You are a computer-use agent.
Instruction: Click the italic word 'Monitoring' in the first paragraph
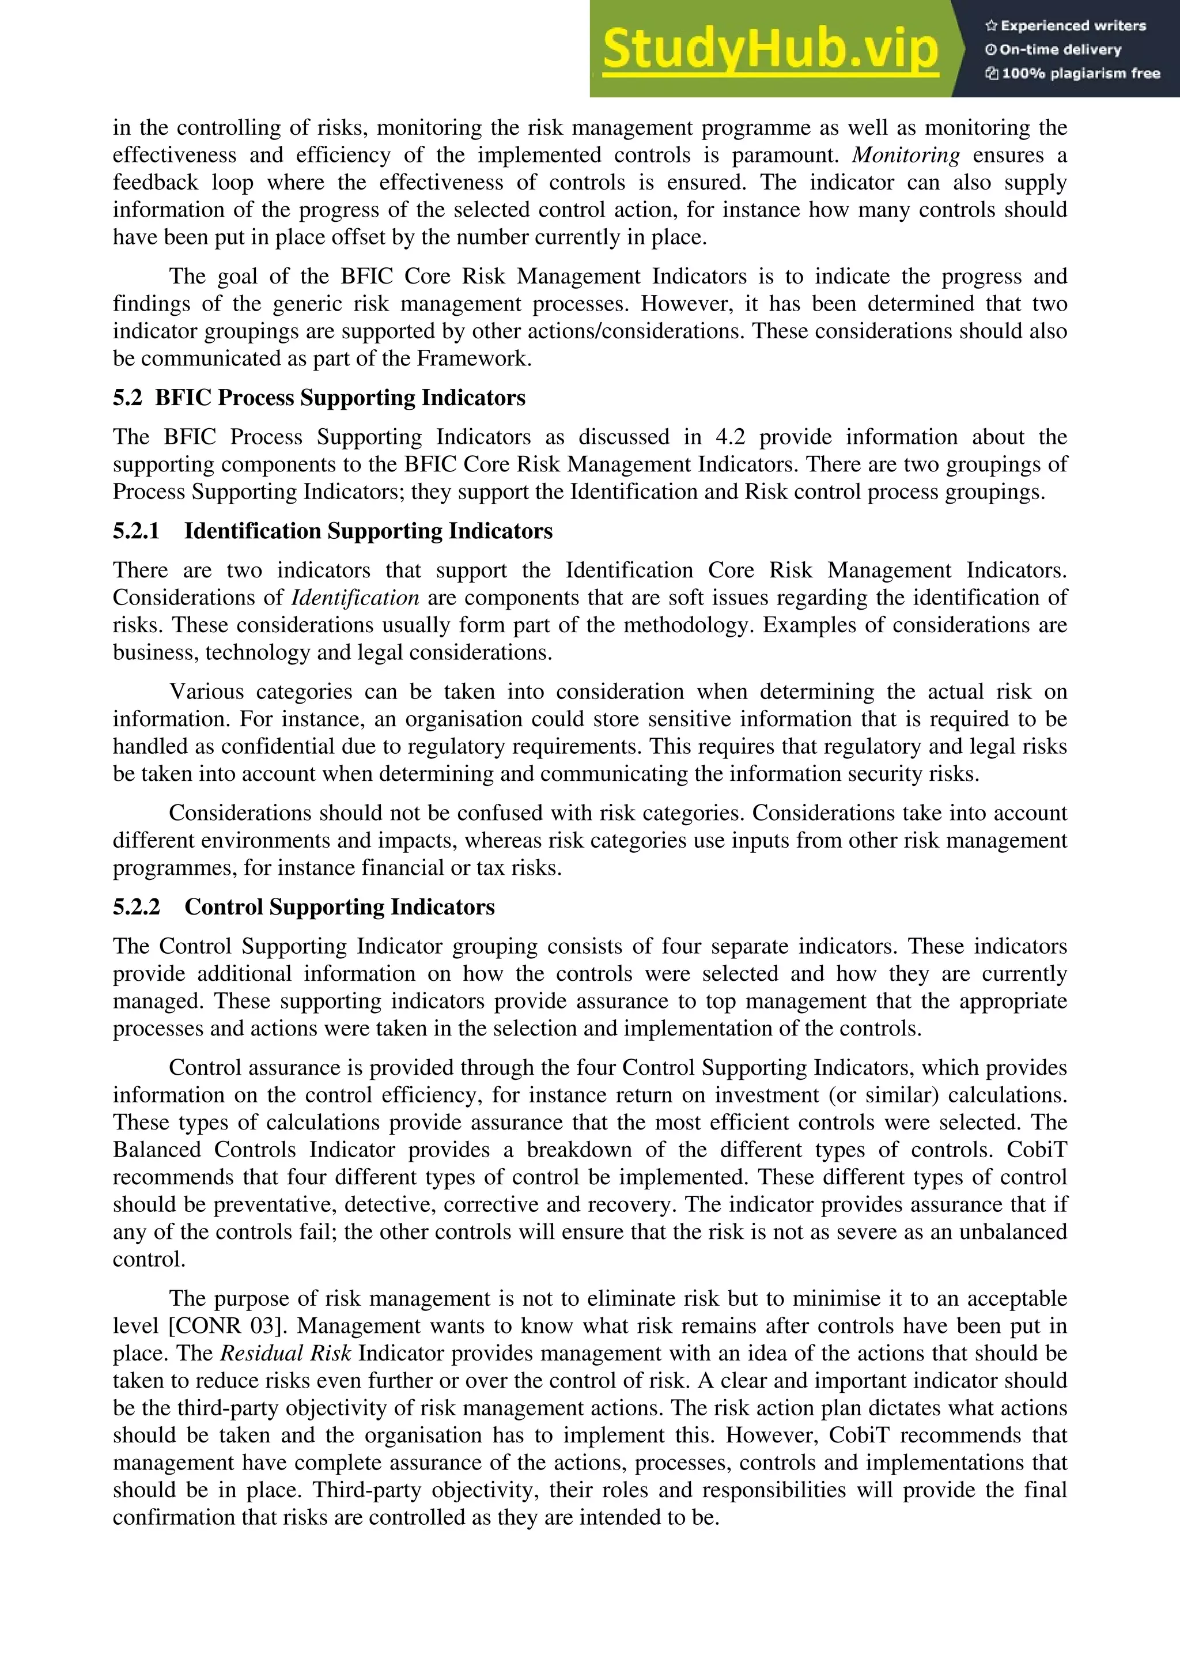[906, 155]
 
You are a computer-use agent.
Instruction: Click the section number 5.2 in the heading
[127, 398]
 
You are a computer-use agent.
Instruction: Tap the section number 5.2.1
[136, 531]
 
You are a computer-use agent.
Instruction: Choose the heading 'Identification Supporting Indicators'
[368, 531]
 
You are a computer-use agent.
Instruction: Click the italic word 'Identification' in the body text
[355, 598]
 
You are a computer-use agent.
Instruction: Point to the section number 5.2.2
[136, 907]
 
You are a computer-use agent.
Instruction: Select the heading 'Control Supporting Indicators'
[339, 907]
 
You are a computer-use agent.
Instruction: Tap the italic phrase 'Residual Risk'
[286, 1354]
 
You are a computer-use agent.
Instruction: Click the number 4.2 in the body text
[730, 437]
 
